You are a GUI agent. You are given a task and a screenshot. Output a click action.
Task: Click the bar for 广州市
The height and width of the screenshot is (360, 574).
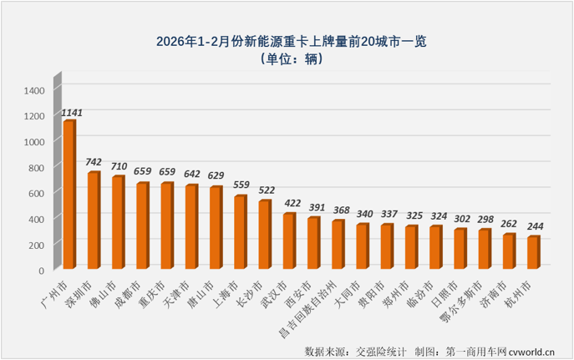click(x=69, y=195)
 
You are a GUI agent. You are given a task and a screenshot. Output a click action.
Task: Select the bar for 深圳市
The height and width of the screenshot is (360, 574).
click(x=94, y=221)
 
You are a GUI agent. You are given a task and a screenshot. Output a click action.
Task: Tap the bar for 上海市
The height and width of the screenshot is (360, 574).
click(x=240, y=232)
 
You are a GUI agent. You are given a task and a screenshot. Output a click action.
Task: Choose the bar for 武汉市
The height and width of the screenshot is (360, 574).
click(x=289, y=241)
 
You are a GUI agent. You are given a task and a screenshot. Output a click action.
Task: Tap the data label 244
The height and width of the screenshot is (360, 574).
click(x=536, y=226)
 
